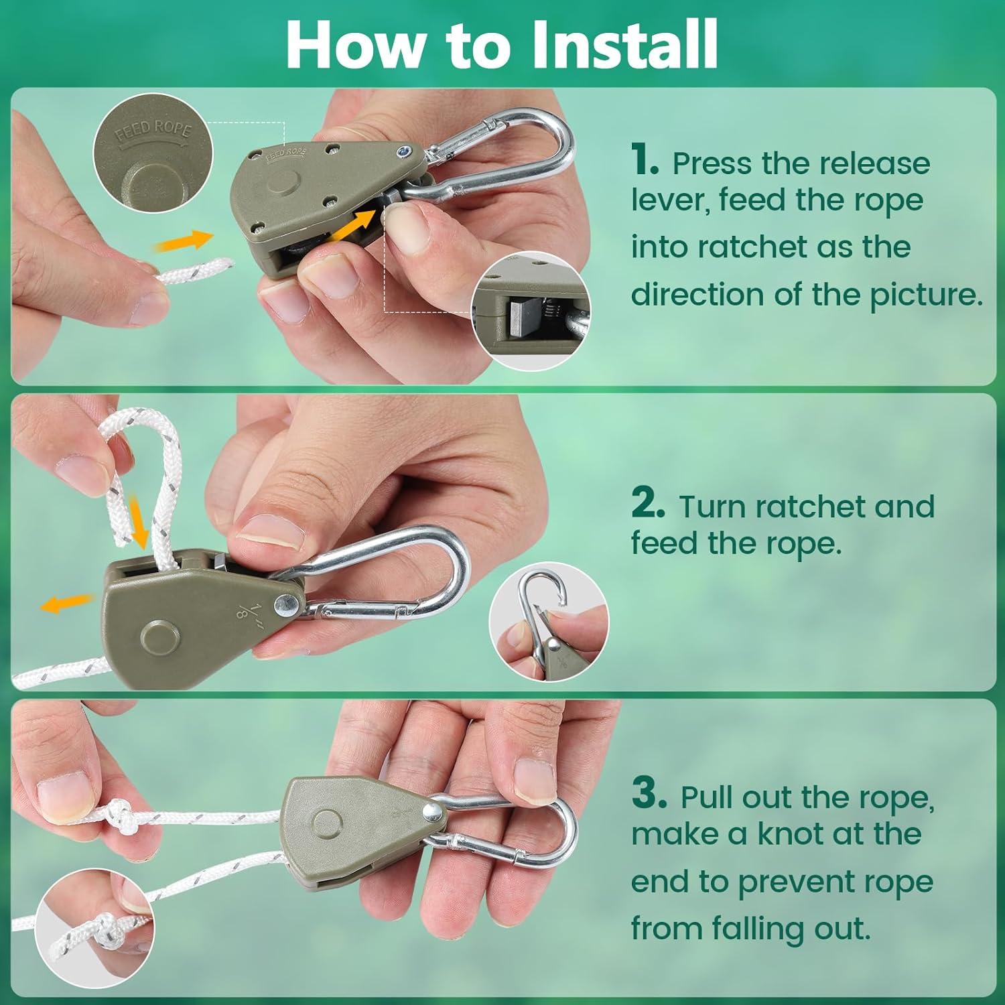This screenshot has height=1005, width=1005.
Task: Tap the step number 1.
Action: coord(645,162)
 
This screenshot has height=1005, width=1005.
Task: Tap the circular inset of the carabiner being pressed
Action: coord(549,622)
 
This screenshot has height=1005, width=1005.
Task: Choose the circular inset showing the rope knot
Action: coord(94,929)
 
